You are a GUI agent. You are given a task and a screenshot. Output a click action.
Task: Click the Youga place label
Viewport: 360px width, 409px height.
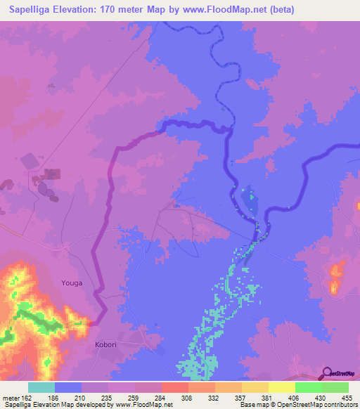pos(71,283)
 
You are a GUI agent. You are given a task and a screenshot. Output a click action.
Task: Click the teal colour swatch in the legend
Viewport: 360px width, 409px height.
pos(41,387)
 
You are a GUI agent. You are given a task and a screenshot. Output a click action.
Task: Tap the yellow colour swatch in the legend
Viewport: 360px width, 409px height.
pos(281,387)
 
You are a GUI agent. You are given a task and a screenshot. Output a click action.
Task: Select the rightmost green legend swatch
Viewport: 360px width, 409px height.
pos(335,387)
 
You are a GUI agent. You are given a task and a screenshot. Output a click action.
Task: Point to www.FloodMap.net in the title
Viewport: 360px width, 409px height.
pos(215,10)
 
